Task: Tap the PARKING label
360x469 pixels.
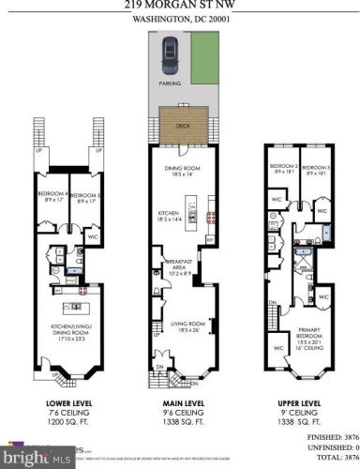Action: point(169,83)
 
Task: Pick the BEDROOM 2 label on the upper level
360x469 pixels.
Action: point(283,170)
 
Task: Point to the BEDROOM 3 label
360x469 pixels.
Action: point(316,170)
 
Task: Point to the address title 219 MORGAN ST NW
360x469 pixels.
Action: point(180,5)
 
